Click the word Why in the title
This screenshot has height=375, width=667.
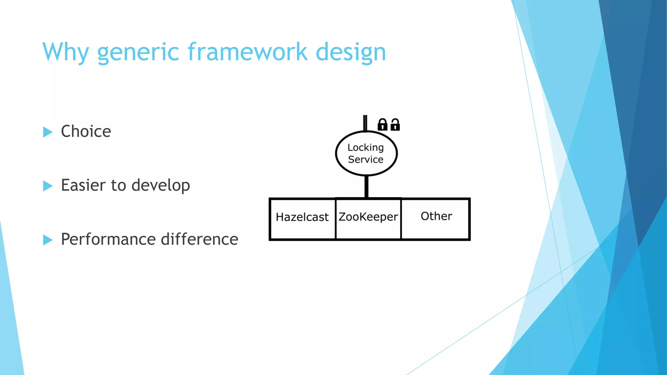pyautogui.click(x=65, y=52)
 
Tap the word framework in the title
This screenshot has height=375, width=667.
pyautogui.click(x=248, y=52)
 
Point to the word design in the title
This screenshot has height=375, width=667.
pyautogui.click(x=351, y=52)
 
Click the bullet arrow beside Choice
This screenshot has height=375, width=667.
pyautogui.click(x=48, y=132)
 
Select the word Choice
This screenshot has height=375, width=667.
pyautogui.click(x=86, y=132)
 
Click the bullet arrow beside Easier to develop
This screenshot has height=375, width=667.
pyautogui.click(x=48, y=186)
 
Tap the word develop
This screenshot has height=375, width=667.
pyautogui.click(x=161, y=186)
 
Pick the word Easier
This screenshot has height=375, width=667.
pyautogui.click(x=83, y=185)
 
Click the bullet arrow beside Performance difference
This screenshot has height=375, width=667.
pyautogui.click(x=48, y=240)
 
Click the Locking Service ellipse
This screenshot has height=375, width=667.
pyautogui.click(x=366, y=153)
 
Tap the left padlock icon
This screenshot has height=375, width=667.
pyautogui.click(x=382, y=125)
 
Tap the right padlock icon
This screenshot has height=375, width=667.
pyautogui.click(x=395, y=125)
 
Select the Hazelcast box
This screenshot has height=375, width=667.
pyautogui.click(x=302, y=219)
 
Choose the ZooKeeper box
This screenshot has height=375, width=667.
pyautogui.click(x=368, y=219)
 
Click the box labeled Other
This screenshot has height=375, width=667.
pyautogui.click(x=436, y=219)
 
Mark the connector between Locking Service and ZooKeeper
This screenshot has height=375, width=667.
pyautogui.click(x=366, y=187)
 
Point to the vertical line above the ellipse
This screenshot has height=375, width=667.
pyautogui.click(x=365, y=123)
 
